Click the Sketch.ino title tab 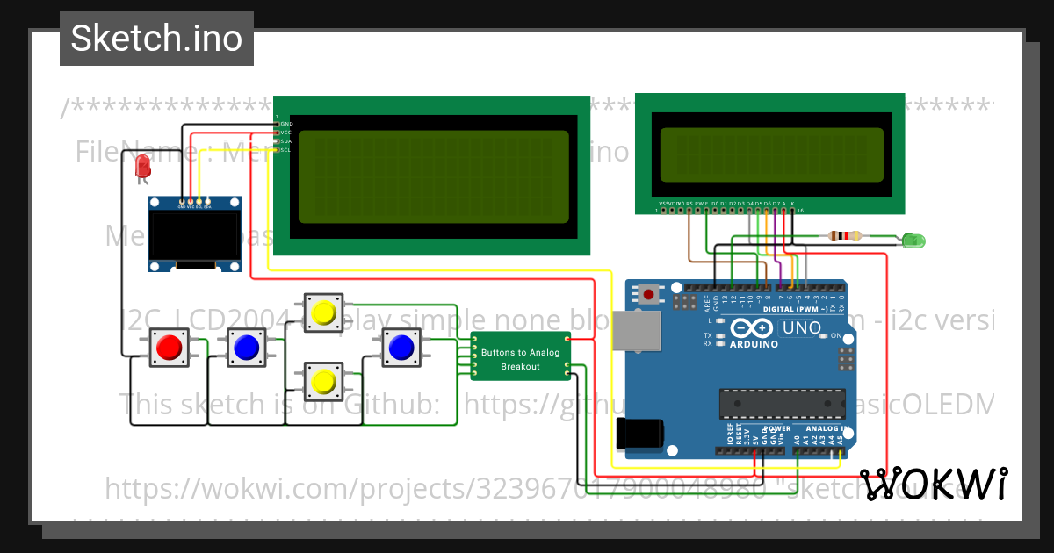pos(156,39)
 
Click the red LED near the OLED pos(142,166)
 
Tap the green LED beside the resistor pos(913,240)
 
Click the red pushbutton pos(168,348)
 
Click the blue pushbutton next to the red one pos(246,348)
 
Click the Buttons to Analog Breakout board pos(520,358)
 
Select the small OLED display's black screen pos(194,238)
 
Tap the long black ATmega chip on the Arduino pos(782,403)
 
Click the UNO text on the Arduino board pos(801,328)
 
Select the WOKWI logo pos(933,484)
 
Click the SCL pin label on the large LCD pos(285,150)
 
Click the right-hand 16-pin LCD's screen pos(771,154)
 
